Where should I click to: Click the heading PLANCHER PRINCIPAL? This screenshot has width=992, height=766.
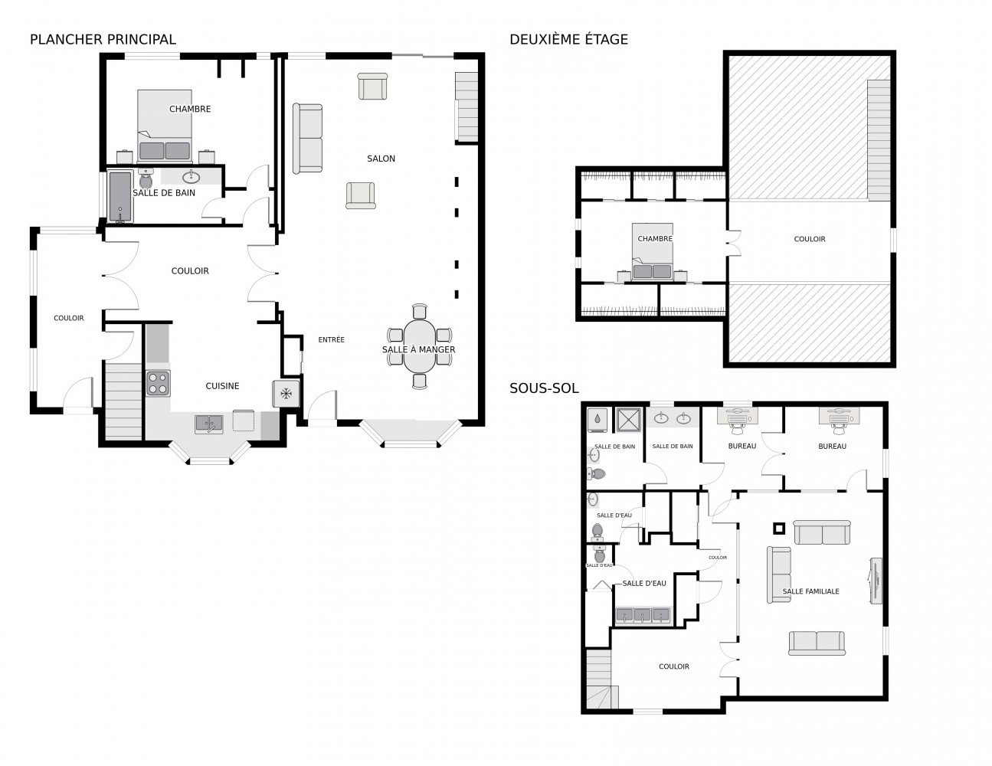pyautogui.click(x=103, y=39)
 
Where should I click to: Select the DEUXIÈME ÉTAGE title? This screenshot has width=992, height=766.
pyautogui.click(x=568, y=39)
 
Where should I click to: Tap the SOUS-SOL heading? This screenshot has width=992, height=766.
pyautogui.click(x=544, y=389)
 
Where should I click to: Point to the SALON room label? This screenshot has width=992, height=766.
pyautogui.click(x=381, y=159)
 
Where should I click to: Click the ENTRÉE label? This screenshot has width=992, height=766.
pyautogui.click(x=332, y=339)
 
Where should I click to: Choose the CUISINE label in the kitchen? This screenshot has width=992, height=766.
pyautogui.click(x=222, y=386)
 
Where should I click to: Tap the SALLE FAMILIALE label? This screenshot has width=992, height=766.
pyautogui.click(x=810, y=591)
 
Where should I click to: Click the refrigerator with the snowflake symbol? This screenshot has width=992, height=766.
pyautogui.click(x=285, y=394)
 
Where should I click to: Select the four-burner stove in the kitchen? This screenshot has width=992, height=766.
pyautogui.click(x=158, y=382)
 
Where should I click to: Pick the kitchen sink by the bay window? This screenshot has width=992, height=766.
pyautogui.click(x=208, y=424)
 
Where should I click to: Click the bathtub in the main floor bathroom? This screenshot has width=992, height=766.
pyautogui.click(x=119, y=197)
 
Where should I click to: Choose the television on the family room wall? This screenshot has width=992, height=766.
pyautogui.click(x=875, y=581)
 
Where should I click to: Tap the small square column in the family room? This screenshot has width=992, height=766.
pyautogui.click(x=779, y=527)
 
